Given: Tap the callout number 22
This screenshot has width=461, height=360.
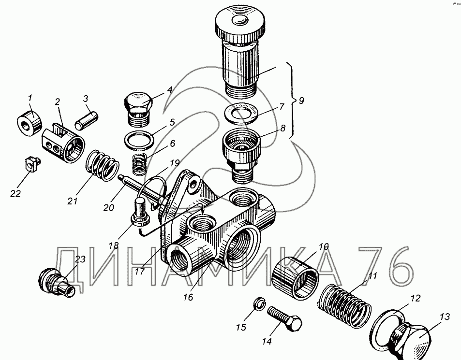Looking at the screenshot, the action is (16, 194).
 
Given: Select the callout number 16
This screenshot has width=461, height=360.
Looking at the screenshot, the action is (188, 298).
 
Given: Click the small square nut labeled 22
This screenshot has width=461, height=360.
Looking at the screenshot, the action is (30, 164).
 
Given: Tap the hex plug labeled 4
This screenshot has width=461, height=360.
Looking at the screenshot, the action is (137, 106).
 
